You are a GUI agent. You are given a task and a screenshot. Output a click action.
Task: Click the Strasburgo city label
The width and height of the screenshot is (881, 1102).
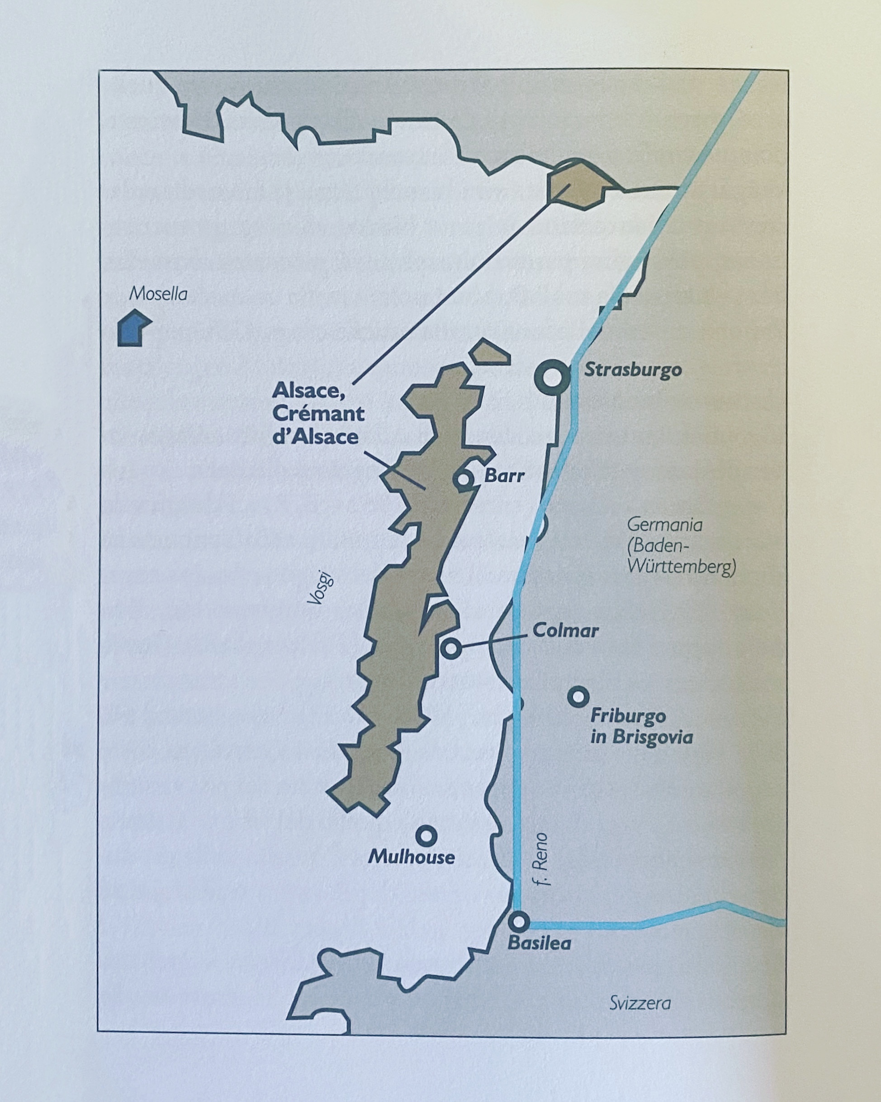pyautogui.click(x=633, y=370)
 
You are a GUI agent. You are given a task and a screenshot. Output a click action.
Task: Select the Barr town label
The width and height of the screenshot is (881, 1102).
pyautogui.click(x=504, y=476)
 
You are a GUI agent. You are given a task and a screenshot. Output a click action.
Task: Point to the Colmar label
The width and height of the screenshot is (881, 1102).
pyautogui.click(x=565, y=630)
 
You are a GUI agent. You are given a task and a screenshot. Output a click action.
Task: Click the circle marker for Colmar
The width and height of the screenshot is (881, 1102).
pyautogui.click(x=451, y=648)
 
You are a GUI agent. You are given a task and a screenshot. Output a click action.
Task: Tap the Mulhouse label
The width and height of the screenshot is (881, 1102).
pyautogui.click(x=411, y=857)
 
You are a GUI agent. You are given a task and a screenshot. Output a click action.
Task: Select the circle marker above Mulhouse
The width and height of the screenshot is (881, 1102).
pyautogui.click(x=426, y=835)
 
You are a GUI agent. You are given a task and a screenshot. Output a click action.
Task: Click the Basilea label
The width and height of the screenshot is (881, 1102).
pyautogui.click(x=540, y=943)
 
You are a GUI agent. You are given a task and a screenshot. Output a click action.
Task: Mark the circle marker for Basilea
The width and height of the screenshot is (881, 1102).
pyautogui.click(x=519, y=921)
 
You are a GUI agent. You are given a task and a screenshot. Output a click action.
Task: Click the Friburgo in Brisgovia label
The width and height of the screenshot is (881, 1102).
pyautogui.click(x=641, y=726)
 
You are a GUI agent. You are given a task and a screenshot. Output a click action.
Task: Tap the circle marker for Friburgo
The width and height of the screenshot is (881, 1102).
pyautogui.click(x=578, y=696)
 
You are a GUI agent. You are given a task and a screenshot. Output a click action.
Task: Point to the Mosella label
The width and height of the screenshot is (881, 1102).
pyautogui.click(x=158, y=294)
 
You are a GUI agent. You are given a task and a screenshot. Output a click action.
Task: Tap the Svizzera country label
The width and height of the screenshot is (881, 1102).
pyautogui.click(x=640, y=1003)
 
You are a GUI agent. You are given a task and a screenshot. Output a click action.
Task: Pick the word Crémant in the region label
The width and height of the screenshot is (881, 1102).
pyautogui.click(x=318, y=413)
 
